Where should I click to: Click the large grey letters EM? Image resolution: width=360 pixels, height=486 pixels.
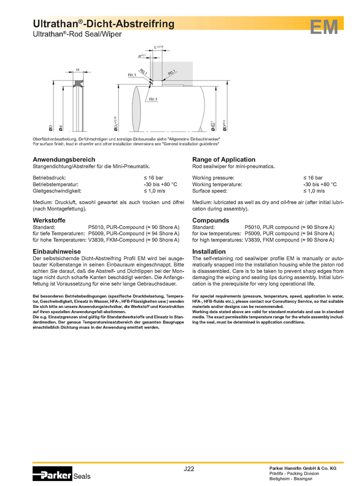[324, 27]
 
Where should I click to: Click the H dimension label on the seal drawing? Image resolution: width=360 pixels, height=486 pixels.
[77, 69]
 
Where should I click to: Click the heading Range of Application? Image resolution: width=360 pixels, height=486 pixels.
[223, 159]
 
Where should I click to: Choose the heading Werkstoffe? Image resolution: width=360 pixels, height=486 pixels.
[49, 220]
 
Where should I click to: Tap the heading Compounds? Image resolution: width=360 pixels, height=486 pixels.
[210, 220]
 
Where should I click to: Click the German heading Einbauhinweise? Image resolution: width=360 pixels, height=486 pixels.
[56, 251]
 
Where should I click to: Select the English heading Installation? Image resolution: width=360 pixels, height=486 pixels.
[209, 251]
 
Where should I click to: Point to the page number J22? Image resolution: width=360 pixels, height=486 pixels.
[189, 469]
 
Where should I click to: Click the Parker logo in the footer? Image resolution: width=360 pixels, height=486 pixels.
[52, 475]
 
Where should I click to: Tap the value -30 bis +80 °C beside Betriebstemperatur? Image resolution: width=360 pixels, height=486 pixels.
[160, 184]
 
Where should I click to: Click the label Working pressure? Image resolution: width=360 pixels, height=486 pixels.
[213, 177]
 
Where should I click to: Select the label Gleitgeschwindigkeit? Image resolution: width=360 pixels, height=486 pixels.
[56, 190]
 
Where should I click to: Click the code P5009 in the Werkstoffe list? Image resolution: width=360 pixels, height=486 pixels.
[96, 233]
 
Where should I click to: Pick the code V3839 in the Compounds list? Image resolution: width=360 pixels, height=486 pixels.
[253, 240]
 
